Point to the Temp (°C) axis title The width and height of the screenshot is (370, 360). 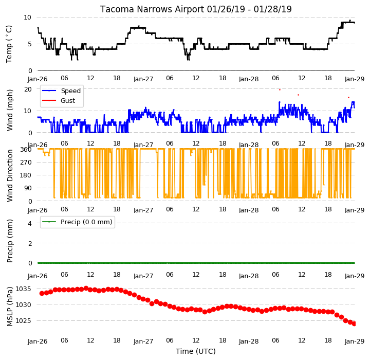point(9,44)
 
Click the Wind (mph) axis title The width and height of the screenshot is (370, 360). point(10,110)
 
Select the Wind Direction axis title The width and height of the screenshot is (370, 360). point(10,175)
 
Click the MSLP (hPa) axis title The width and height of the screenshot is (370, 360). point(10,307)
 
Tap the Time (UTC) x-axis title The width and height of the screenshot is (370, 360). point(196,351)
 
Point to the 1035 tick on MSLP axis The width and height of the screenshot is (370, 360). point(23,289)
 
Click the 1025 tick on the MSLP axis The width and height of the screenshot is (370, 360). point(23,321)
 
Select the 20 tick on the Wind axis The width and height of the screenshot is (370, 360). point(28,89)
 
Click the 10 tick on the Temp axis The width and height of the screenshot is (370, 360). point(27,17)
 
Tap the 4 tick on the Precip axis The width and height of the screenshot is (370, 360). point(30,223)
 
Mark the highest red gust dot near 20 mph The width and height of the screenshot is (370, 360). point(280,90)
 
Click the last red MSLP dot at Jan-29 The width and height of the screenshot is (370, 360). point(354,324)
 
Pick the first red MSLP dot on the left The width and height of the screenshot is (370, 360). point(42,293)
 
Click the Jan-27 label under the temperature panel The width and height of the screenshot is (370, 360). point(143,79)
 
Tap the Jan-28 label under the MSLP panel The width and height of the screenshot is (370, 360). point(249,341)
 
